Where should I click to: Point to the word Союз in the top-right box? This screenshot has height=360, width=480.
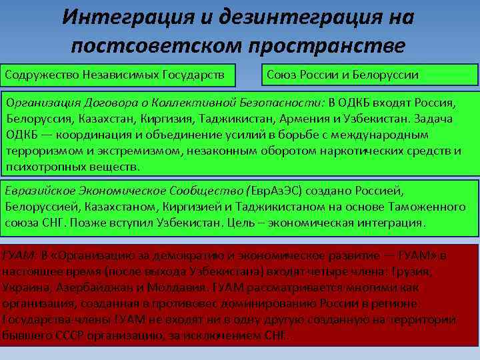click(283, 74)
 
